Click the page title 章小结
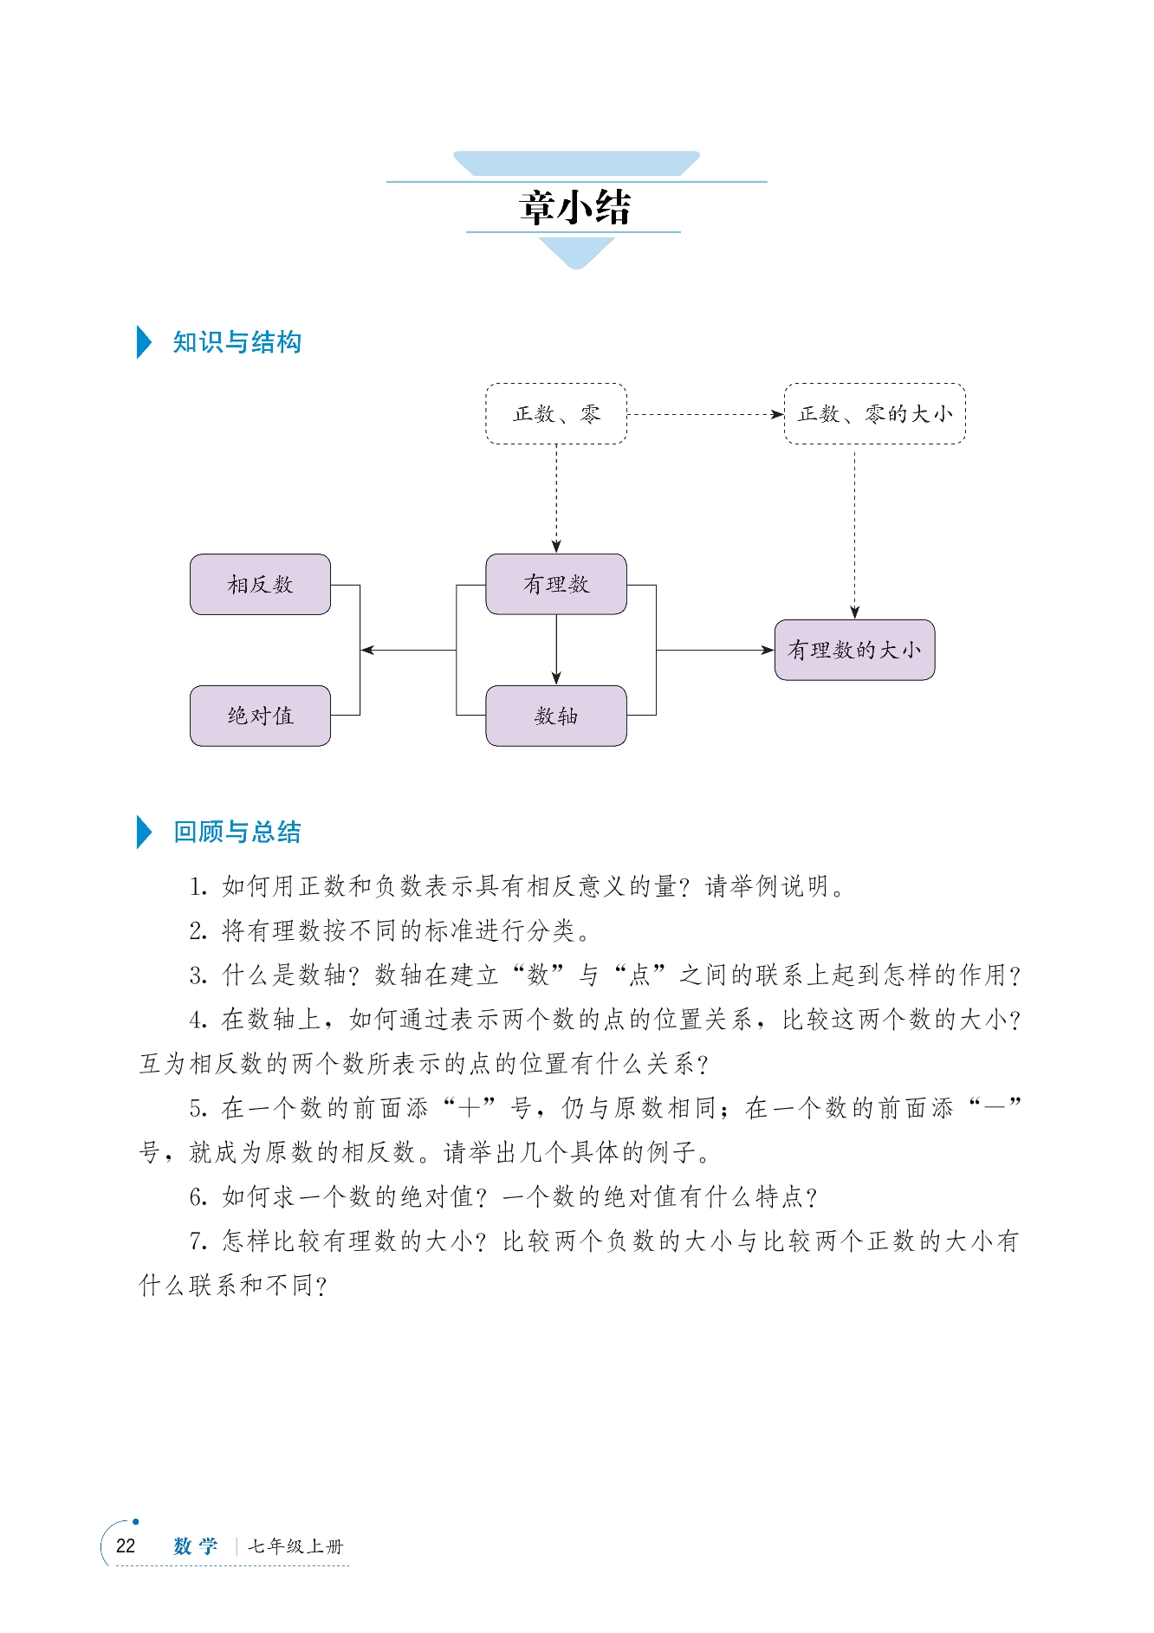coord(575,208)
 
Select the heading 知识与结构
coord(237,342)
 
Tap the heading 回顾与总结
coord(237,832)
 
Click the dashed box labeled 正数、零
coord(556,414)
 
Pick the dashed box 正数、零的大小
coord(874,414)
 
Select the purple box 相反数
coord(260,585)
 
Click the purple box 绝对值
coord(260,716)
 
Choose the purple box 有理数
coord(556,585)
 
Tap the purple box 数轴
coord(556,716)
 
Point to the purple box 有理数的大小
coord(854,650)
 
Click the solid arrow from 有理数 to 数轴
coord(556,650)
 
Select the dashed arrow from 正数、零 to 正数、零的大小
coord(704,414)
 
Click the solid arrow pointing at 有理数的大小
coord(715,650)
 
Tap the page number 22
coord(126,1546)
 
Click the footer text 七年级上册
coord(295,1546)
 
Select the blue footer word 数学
coord(195,1546)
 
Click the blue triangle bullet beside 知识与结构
coord(144,342)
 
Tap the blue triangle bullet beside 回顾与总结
coord(144,832)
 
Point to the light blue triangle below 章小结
coord(576,251)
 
